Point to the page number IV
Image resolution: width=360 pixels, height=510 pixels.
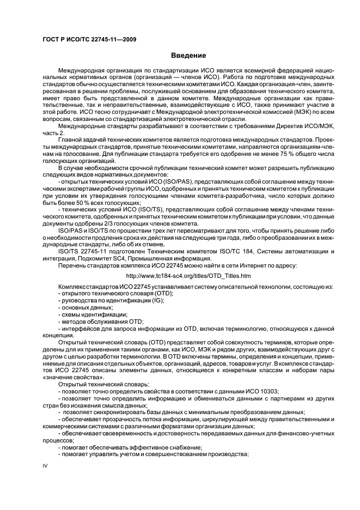(46, 466)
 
